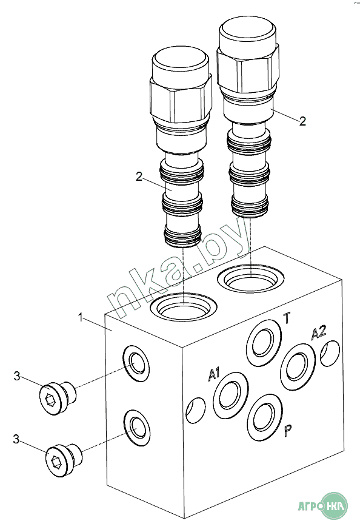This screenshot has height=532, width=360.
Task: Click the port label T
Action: tap(287, 318)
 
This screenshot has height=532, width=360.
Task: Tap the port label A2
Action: tap(319, 332)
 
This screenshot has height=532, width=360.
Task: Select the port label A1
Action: tap(214, 374)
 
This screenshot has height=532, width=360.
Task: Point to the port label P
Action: tap(287, 431)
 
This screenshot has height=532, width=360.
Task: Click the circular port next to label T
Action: tap(264, 343)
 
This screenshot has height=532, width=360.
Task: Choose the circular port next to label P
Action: tap(265, 417)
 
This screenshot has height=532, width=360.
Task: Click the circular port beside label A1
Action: tap(230, 395)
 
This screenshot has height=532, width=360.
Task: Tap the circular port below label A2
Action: tap(298, 367)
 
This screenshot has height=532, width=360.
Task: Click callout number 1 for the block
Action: tap(81, 318)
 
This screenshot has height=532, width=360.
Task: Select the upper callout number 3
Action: tap(17, 376)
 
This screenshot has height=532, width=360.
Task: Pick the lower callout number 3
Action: tap(16, 439)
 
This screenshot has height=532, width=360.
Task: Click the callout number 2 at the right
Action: tap(302, 121)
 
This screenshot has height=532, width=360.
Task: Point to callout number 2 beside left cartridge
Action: tap(139, 177)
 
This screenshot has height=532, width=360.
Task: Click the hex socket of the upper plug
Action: tap(50, 400)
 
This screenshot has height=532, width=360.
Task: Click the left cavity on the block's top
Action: tap(183, 306)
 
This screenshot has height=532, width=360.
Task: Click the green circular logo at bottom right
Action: tap(334, 506)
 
